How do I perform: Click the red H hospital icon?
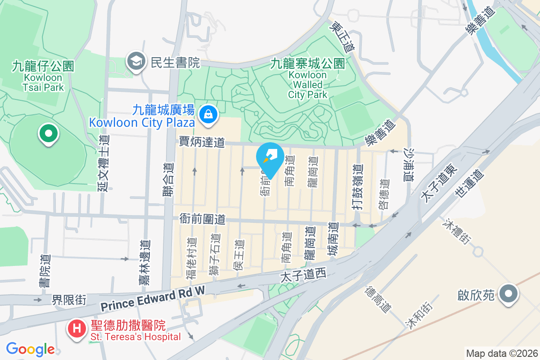(77, 328)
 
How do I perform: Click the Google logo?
(30, 349)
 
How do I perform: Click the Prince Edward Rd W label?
(153, 300)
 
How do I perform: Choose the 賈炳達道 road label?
(202, 143)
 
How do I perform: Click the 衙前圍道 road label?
(202, 219)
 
